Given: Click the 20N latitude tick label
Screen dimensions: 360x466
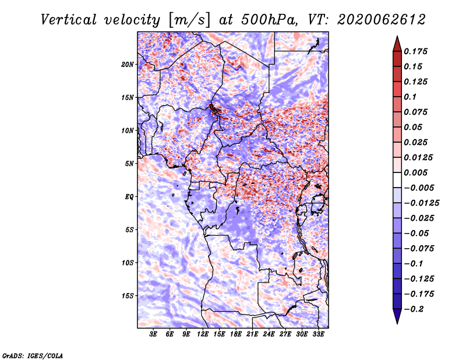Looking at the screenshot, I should pos(128,64).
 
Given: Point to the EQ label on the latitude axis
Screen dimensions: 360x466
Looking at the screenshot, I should pos(129,196).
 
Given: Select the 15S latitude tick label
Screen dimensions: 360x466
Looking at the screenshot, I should pos(128,295).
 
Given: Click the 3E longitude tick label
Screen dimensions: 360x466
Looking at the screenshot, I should pos(154,334).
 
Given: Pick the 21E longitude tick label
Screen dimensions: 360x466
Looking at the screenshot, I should pos(252,334).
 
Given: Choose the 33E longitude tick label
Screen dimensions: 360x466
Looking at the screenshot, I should pos(318,334).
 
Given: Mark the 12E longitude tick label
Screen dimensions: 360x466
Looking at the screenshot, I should pos(203,334).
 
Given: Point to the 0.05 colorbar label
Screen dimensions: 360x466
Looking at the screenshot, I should pos(415,127).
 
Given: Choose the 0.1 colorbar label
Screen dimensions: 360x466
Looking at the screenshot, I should pos(412,97).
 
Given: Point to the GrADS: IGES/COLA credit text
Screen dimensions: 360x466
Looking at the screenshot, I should pos(33,355).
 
